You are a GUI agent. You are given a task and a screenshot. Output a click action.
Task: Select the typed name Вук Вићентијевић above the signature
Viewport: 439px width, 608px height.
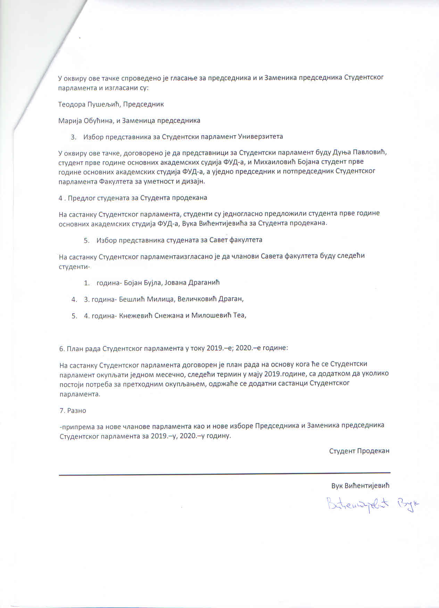[x=360, y=485]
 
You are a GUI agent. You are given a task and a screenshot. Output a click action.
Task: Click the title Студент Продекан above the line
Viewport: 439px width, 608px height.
[x=359, y=451]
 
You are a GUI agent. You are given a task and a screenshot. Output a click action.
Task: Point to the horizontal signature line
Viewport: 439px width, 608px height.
[x=224, y=474]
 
